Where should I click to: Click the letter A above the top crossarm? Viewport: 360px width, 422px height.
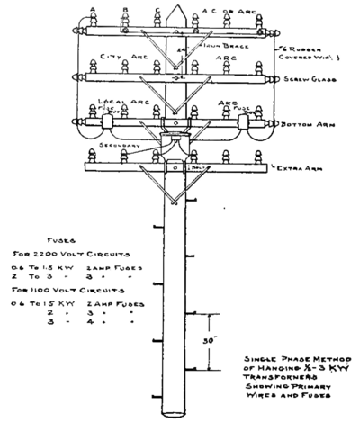[x=94, y=12]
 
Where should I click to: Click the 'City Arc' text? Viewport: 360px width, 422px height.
[x=121, y=56]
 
